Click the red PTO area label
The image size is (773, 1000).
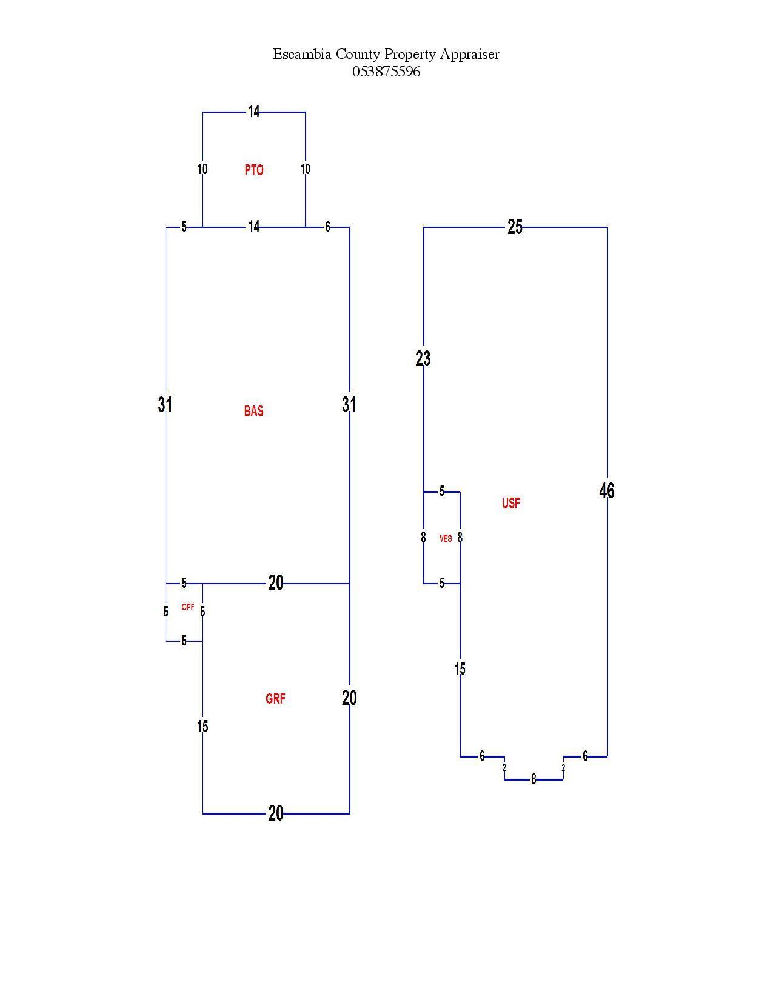[x=253, y=170]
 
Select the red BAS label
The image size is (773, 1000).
[x=253, y=410]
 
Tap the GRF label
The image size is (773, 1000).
[x=275, y=699]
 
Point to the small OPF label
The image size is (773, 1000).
[x=188, y=607]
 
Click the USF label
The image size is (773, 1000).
[x=511, y=503]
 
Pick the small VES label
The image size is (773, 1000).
[x=446, y=538]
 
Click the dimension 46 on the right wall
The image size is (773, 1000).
[x=607, y=490]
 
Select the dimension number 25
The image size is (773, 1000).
[x=515, y=227]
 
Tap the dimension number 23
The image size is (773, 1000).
[x=423, y=359]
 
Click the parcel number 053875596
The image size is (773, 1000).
[x=386, y=72]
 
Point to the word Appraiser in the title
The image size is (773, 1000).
[x=470, y=55]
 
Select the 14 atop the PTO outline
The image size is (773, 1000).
[x=254, y=112]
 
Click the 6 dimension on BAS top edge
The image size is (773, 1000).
[x=327, y=227]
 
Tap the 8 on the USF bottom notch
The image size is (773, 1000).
[x=534, y=779]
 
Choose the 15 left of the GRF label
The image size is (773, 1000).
[x=202, y=726]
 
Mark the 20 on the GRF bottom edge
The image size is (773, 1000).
[x=276, y=813]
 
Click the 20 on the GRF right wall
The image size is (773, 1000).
[x=349, y=698]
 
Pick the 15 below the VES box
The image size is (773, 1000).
[x=460, y=668]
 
